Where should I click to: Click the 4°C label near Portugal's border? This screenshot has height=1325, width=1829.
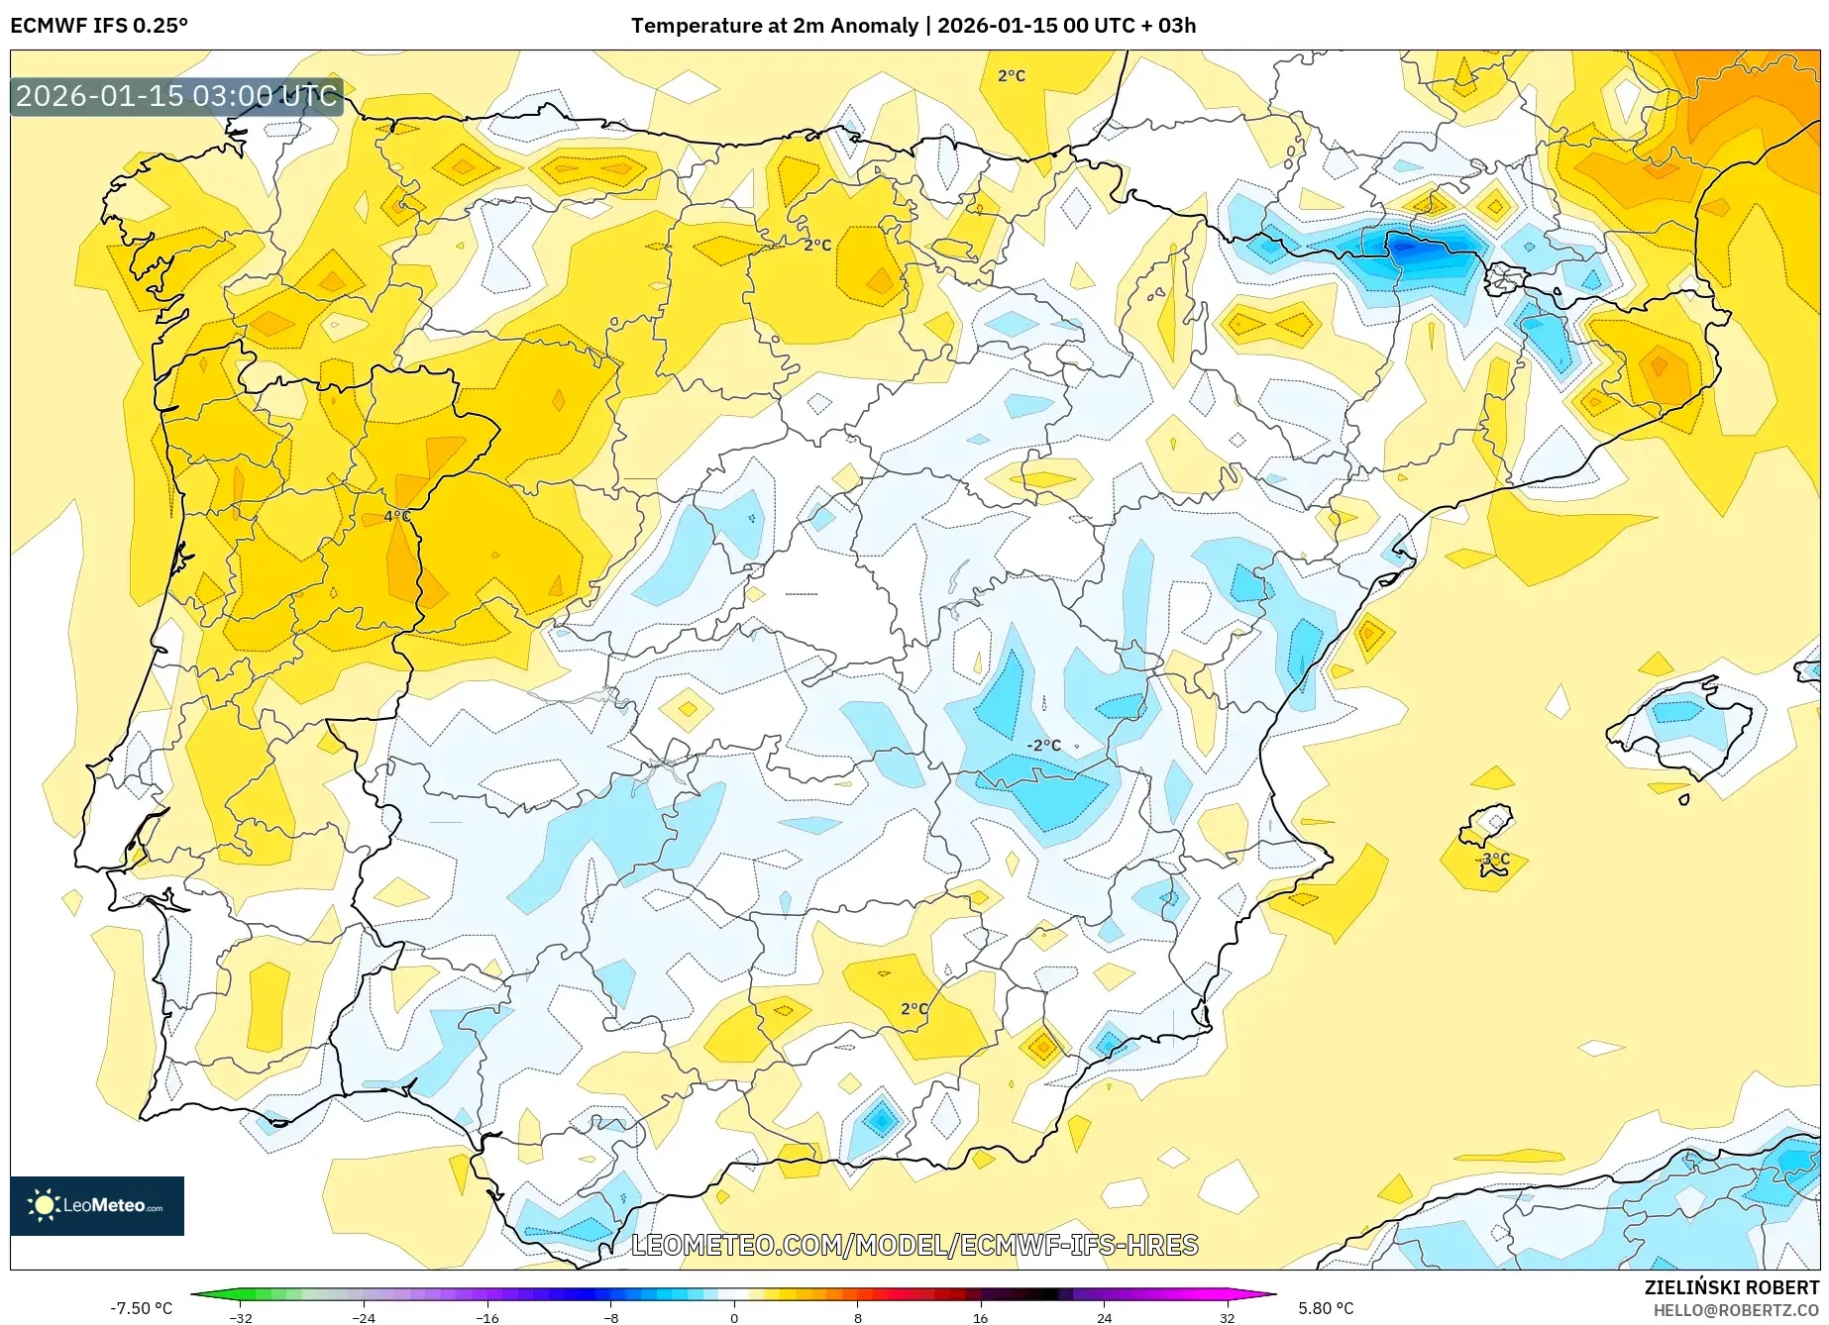[396, 516]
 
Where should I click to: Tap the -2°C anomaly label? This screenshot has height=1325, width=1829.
[1043, 745]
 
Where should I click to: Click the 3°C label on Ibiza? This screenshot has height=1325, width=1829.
[1495, 859]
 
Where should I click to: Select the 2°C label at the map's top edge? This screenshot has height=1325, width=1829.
[1011, 76]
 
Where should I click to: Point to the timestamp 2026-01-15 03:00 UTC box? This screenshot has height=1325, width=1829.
[176, 96]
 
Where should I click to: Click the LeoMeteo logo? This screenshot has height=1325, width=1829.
[97, 1205]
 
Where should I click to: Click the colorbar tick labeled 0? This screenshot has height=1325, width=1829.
[734, 1317]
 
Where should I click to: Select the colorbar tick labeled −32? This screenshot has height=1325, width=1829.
[241, 1317]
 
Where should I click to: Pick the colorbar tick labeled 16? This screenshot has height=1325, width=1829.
[980, 1317]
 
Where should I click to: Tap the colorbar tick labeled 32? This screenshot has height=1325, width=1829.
[1227, 1317]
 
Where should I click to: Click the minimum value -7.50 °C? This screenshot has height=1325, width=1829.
[141, 1308]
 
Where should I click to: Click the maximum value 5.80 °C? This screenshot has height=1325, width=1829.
[1325, 1308]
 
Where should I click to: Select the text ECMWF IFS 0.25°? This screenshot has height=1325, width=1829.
[99, 26]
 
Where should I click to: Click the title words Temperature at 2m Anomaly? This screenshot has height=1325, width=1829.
[774, 26]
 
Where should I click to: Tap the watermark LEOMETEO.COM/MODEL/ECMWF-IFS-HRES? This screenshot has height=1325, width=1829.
[914, 1245]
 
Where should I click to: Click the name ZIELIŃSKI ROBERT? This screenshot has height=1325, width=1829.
[1731, 1287]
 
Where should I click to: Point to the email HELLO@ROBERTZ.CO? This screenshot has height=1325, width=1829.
[1735, 1310]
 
